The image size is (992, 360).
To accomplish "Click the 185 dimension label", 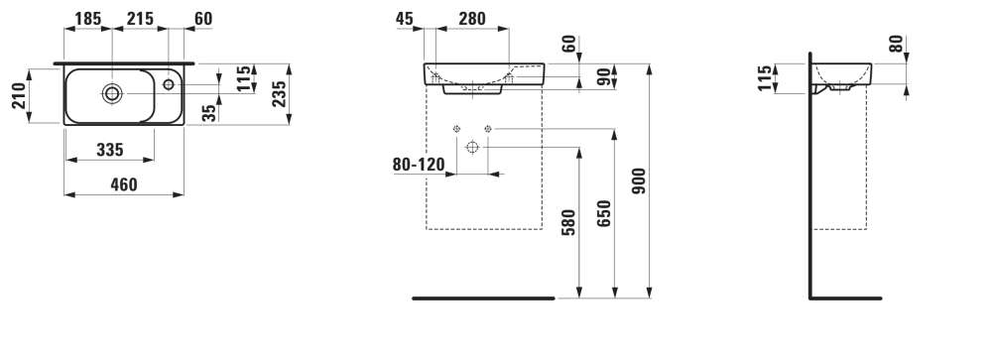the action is coord(88,19).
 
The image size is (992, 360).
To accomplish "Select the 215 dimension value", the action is coord(140,19).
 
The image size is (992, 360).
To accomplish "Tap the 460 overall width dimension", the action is coord(124,184).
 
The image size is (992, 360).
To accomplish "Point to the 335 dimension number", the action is coord(110,150).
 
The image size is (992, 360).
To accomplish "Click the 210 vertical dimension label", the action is coord(20,95).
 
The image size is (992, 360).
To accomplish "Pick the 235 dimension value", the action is coord(279,94).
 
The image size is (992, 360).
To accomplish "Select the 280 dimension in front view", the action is coord(472,19).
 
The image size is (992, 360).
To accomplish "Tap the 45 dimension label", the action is coord(405,19).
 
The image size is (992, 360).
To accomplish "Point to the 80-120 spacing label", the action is coord(419,165).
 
